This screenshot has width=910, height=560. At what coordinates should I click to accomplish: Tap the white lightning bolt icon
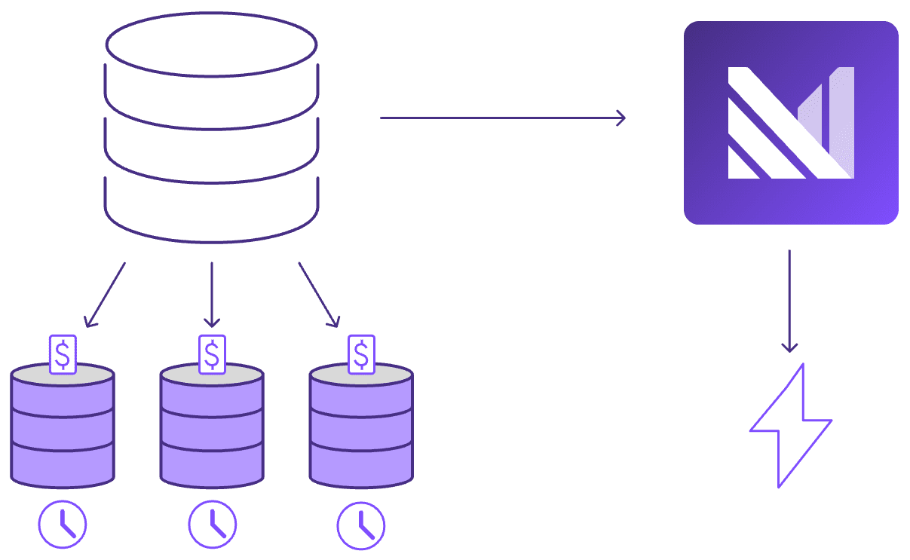tap(789, 425)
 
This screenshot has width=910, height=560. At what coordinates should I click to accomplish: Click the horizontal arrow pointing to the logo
tap(502, 118)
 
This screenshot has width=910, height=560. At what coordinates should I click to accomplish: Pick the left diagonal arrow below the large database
tap(106, 295)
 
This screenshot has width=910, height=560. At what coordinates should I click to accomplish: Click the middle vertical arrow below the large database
tap(212, 295)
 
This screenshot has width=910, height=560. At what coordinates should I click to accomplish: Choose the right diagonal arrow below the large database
tap(318, 295)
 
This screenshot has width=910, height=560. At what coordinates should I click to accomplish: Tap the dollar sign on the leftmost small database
tap(63, 353)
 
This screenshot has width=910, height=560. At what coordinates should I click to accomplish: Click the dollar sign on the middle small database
tap(213, 353)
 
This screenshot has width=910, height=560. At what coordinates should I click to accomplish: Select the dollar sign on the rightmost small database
tap(362, 353)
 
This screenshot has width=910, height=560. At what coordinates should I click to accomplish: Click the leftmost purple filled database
tap(63, 430)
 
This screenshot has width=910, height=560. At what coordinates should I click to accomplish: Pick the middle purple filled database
tap(212, 430)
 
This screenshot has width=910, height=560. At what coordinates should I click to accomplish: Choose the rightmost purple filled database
tap(361, 430)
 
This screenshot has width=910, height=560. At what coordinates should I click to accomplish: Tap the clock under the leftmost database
tap(63, 524)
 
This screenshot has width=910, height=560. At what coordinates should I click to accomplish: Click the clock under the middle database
tap(212, 524)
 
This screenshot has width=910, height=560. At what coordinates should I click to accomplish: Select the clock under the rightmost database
tap(361, 524)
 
